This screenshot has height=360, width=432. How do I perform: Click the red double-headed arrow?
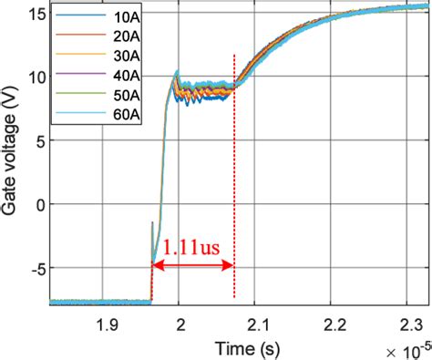(193, 266)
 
